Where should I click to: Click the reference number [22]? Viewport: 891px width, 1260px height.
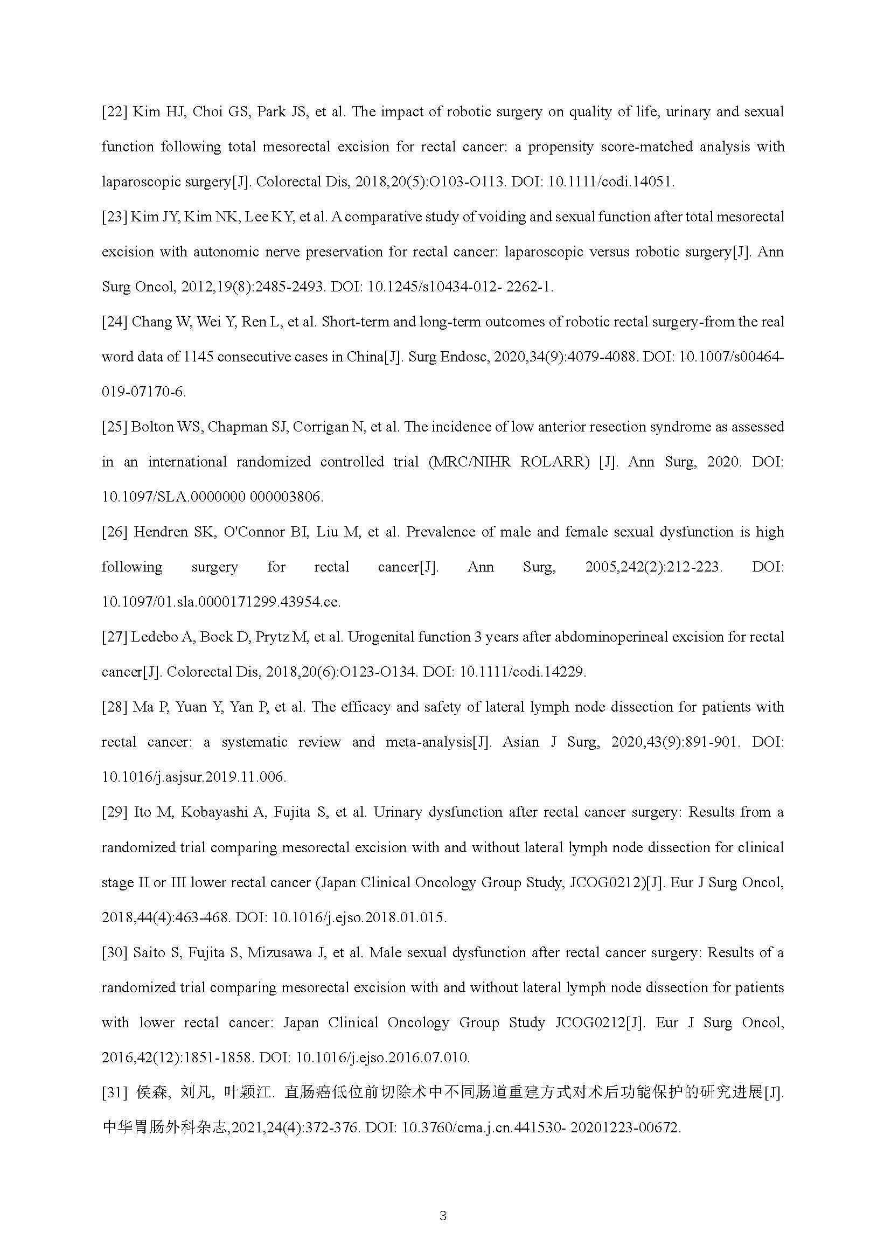pos(115,112)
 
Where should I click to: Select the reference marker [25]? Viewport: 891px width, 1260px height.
pos(115,427)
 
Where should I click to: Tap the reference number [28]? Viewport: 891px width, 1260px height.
pos(115,707)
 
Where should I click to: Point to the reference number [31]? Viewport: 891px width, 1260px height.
pos(115,1092)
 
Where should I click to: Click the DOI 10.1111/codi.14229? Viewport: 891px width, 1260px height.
pos(523,672)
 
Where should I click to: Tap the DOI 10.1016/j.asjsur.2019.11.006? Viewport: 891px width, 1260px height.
pos(194,777)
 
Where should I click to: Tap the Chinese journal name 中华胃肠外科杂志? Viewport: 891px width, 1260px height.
pos(164,1127)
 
